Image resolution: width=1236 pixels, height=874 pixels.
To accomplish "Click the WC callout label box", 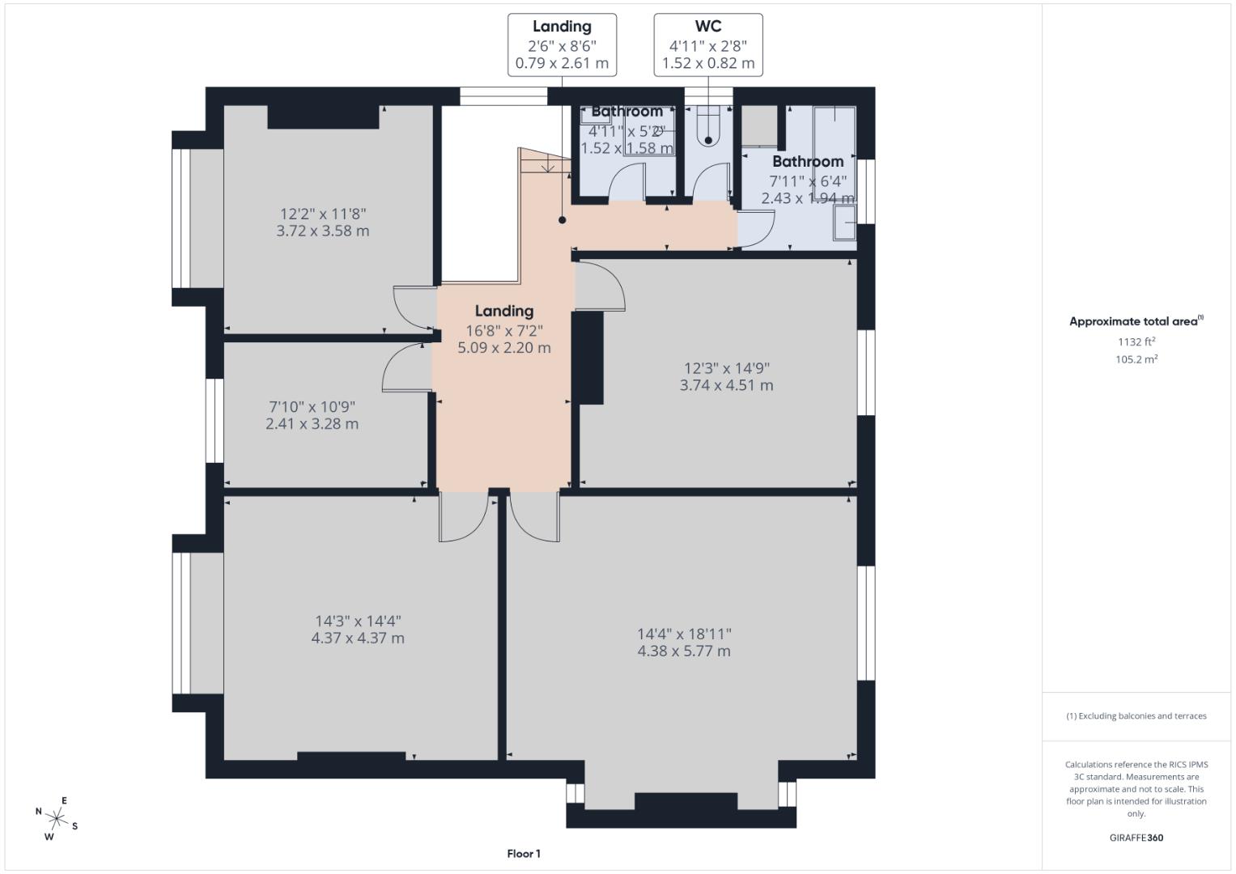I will [707, 45].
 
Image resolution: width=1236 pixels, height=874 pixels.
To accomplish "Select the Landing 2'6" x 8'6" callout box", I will [562, 45].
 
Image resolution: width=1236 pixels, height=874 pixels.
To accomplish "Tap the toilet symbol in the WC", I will [708, 125].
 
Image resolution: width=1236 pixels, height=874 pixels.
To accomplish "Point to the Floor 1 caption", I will [524, 854].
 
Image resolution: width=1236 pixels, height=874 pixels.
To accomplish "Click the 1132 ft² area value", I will [1136, 342].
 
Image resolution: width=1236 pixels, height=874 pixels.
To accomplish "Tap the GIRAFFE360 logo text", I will [1136, 838].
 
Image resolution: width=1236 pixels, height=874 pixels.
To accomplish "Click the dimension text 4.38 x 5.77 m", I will [684, 651].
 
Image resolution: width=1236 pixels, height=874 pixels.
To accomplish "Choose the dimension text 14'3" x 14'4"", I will [358, 622].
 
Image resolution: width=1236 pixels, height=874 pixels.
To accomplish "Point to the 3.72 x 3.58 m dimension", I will [323, 231].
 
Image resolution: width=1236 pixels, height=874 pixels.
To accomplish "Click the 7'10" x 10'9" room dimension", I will [312, 407].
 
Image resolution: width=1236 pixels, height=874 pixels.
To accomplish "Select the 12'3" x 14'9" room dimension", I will [726, 368].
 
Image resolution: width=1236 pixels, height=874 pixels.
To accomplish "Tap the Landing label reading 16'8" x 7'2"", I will [504, 330].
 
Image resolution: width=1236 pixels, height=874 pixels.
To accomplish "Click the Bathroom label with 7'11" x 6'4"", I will [808, 180].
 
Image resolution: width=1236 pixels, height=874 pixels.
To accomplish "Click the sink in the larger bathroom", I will [845, 223].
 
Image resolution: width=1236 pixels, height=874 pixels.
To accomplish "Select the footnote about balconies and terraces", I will [1136, 716].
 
